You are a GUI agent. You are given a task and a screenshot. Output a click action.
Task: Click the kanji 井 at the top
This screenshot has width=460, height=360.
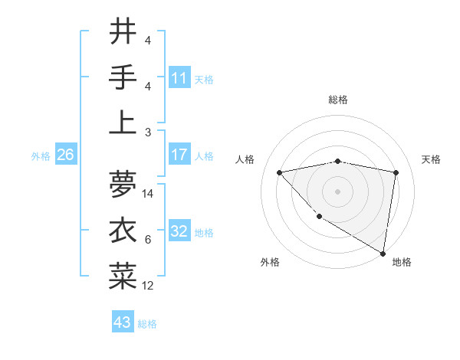pyautogui.click(x=123, y=31)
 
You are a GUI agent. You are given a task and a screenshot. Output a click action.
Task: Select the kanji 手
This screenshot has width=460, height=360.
pyautogui.click(x=123, y=77)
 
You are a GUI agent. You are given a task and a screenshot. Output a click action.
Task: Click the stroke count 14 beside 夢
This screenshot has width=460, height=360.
pyautogui.click(x=149, y=194)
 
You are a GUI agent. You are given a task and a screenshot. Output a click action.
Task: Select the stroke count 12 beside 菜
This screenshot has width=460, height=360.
pyautogui.click(x=149, y=286)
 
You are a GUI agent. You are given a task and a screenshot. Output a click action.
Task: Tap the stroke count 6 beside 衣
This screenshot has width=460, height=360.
pyautogui.click(x=148, y=240)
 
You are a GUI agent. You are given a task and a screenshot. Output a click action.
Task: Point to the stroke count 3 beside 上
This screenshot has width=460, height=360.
pyautogui.click(x=148, y=133)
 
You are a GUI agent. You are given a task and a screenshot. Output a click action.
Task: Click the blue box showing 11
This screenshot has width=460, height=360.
pyautogui.click(x=179, y=77)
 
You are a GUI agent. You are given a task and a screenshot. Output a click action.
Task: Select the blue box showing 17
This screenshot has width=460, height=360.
pyautogui.click(x=179, y=155)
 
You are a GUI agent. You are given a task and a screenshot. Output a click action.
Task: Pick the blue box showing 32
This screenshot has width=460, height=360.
pyautogui.click(x=179, y=231)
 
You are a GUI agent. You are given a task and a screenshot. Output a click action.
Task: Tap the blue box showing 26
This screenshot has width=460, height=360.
pyautogui.click(x=65, y=155)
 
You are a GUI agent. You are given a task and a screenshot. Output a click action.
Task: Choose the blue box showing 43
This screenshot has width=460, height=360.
pyautogui.click(x=122, y=322)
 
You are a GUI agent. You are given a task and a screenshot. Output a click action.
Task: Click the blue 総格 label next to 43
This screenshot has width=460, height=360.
pyautogui.click(x=147, y=324)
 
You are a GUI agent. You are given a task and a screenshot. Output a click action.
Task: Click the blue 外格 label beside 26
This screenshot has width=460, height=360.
pyautogui.click(x=41, y=156)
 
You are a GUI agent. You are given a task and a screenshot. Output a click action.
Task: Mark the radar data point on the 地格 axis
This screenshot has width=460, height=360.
pyautogui.click(x=383, y=253)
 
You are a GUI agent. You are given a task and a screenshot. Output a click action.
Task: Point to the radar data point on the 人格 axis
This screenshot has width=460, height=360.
pyautogui.click(x=280, y=172)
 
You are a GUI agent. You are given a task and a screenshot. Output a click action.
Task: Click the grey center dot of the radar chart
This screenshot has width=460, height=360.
pyautogui.click(x=337, y=191)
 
